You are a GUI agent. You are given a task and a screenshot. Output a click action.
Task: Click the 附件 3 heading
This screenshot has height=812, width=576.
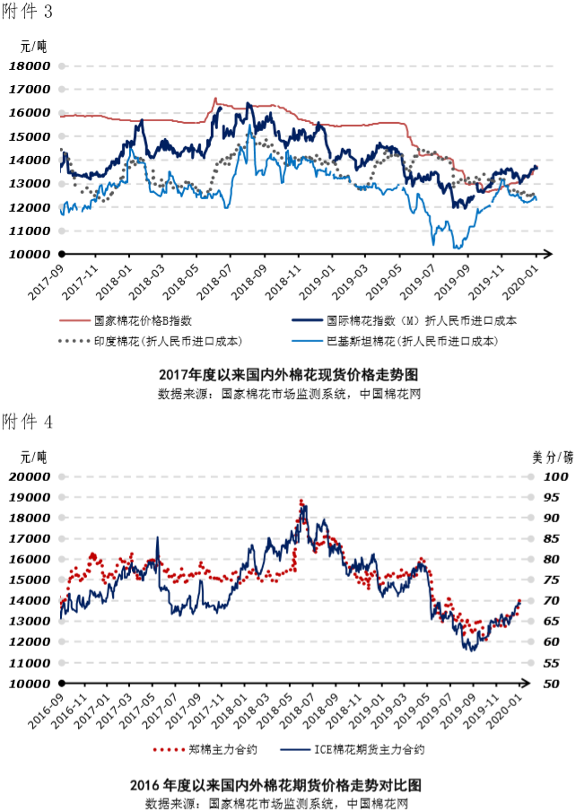pos(27,13)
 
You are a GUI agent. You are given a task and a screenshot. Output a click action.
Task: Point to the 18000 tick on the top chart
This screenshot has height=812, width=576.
pos(31,65)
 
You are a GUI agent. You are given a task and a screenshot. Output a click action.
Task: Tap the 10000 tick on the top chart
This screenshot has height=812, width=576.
pos(31,254)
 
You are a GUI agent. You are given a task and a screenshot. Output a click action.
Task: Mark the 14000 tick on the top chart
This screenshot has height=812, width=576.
pos(31,160)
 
